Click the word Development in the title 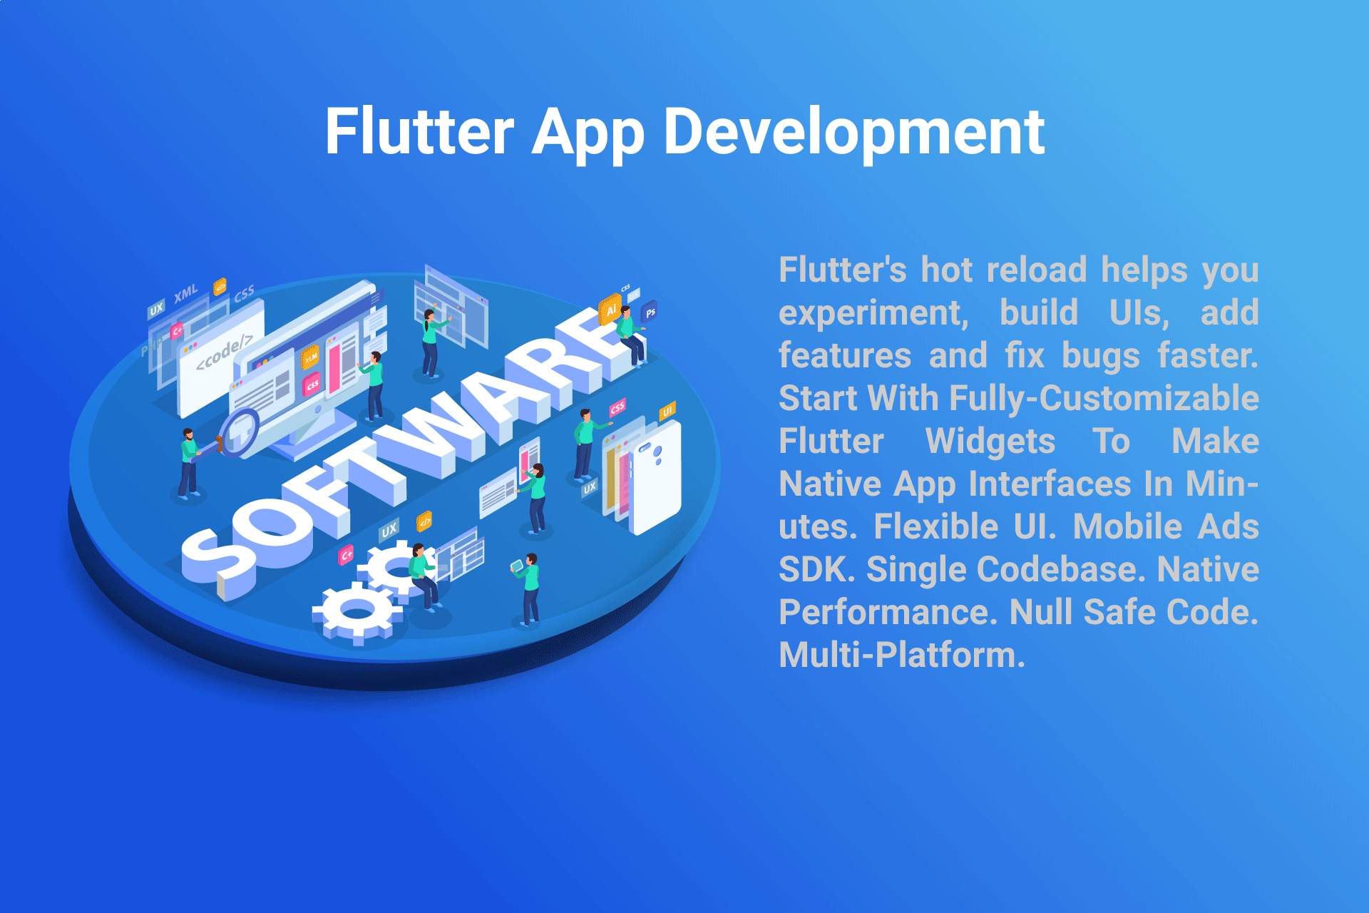click(x=854, y=132)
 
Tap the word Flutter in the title click(x=419, y=132)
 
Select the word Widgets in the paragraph click(x=990, y=442)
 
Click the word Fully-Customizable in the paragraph click(x=1104, y=399)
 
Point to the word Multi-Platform click(x=902, y=655)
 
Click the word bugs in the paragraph click(x=1100, y=357)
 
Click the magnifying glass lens click(x=240, y=432)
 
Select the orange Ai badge click(x=610, y=310)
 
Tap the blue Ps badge click(x=650, y=312)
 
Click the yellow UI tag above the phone click(x=667, y=412)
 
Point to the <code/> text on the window click(x=224, y=351)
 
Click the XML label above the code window click(x=186, y=293)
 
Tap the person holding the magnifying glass click(x=188, y=462)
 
